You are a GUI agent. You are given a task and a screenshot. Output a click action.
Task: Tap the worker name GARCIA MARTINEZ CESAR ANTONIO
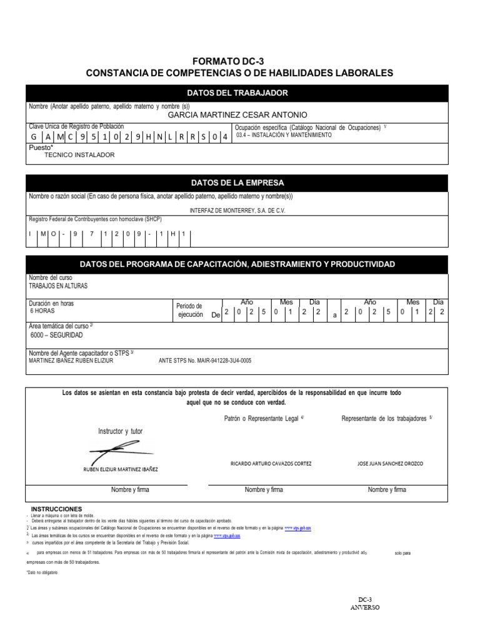238,115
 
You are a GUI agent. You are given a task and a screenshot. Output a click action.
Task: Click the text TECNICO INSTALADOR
79,155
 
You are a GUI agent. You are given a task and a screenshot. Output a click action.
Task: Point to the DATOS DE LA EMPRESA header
237,183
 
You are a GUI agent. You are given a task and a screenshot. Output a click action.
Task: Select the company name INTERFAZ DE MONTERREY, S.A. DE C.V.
237,211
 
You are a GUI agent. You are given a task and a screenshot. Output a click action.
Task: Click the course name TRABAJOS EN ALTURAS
59,286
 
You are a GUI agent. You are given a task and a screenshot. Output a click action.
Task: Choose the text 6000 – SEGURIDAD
57,335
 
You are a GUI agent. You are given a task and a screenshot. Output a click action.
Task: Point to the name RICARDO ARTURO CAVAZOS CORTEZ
271,464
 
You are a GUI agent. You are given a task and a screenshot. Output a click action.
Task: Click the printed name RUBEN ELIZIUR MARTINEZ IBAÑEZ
121,469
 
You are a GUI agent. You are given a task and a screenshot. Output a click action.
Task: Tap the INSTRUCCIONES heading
56,509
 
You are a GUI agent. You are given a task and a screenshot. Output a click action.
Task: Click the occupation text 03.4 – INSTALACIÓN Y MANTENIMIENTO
283,135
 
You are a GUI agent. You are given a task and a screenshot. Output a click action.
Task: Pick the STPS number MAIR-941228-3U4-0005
206,361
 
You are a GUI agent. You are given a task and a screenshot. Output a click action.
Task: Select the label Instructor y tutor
121,432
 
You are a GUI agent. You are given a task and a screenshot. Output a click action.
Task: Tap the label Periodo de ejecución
189,311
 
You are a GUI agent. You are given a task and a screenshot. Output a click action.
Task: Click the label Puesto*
41,147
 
